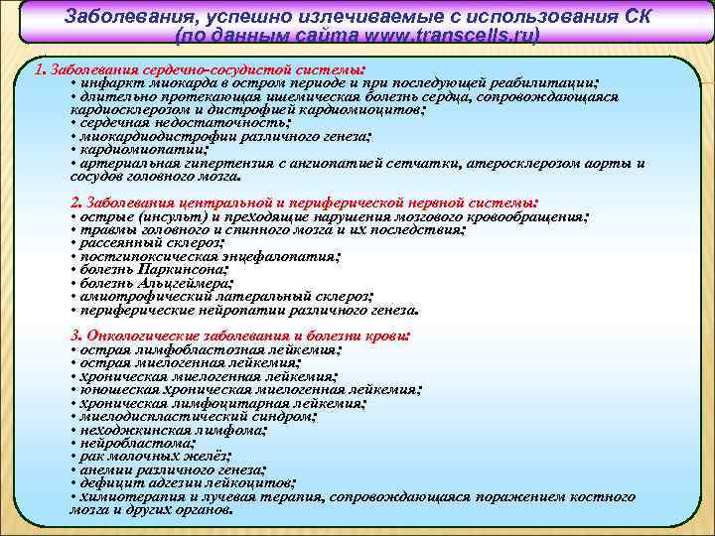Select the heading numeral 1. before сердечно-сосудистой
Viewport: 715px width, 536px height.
[x=39, y=71]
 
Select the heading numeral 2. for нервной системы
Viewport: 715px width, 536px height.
[x=78, y=202]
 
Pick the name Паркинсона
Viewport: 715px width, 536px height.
[x=180, y=268]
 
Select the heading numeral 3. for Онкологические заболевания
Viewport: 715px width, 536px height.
[x=78, y=335]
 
